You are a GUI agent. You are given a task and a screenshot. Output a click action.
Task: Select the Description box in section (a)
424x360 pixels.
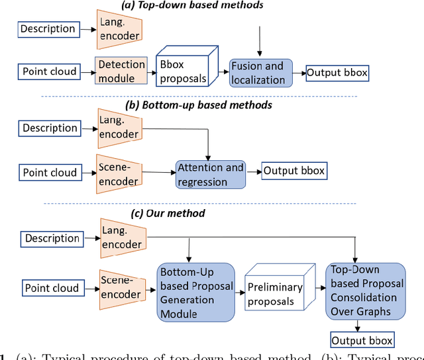pyautogui.click(x=48, y=28)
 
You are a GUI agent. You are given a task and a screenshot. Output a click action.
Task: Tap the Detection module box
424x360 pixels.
pyautogui.click(x=121, y=71)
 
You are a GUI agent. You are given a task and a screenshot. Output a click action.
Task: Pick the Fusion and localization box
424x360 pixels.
pyautogui.click(x=257, y=72)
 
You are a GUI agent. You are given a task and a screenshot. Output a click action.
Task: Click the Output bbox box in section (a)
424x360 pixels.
pyautogui.click(x=337, y=73)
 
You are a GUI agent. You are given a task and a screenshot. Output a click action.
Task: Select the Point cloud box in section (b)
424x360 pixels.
pyautogui.click(x=50, y=173)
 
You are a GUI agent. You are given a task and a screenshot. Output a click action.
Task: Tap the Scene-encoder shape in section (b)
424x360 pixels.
pyautogui.click(x=120, y=173)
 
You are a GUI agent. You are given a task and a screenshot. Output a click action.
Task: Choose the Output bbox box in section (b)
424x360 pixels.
pyautogui.click(x=294, y=171)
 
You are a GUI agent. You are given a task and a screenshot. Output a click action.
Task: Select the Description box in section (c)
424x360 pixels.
pyautogui.click(x=52, y=238)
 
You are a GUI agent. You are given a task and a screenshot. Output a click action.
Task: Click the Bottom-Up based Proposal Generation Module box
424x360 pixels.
pyautogui.click(x=195, y=292)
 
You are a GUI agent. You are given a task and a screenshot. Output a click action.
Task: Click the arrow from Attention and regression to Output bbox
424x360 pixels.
pyautogui.click(x=253, y=173)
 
